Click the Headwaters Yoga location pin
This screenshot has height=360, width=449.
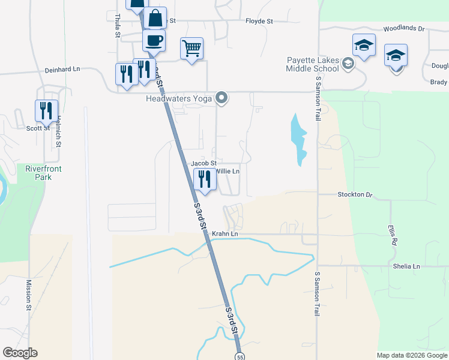[222, 98]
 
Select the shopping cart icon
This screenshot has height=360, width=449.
[191, 48]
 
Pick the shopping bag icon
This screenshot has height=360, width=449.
[155, 17]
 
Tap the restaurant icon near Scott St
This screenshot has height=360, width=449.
[46, 110]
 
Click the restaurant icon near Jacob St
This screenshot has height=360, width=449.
[205, 179]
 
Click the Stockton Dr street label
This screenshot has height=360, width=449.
[355, 194]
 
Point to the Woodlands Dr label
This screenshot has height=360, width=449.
[404, 28]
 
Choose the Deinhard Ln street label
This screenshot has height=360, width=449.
[62, 70]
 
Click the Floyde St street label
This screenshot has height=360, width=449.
[259, 21]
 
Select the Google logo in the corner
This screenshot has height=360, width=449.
[20, 353]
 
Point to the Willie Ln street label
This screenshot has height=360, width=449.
[228, 172]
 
